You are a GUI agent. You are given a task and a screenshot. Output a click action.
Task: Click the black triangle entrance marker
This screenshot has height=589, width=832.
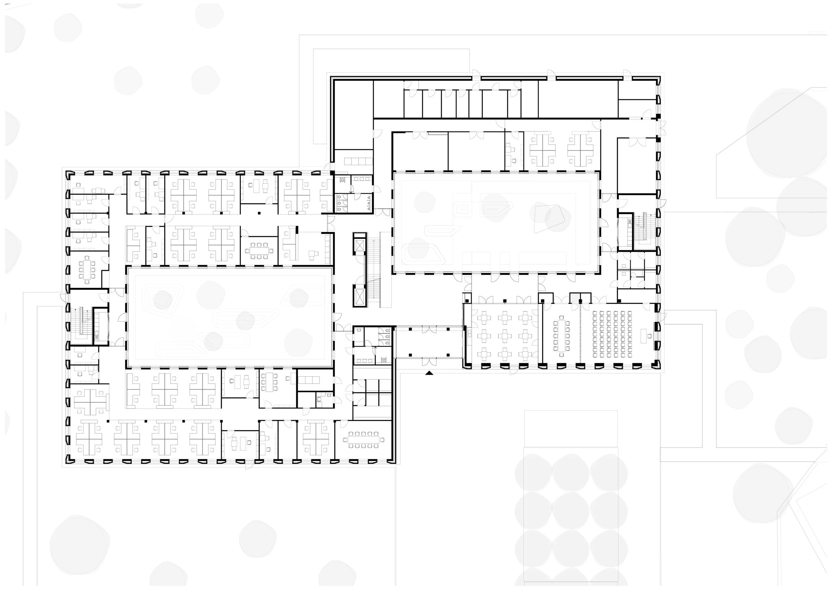[x=429, y=373]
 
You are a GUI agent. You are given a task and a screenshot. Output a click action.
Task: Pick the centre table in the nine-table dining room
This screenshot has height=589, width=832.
[x=504, y=336]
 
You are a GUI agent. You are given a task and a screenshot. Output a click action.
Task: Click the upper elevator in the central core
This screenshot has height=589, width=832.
[x=359, y=246]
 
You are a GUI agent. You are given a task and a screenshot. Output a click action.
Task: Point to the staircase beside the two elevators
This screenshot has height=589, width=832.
[x=374, y=272]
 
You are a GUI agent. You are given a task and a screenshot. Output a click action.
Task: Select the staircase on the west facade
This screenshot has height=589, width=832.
[x=80, y=321]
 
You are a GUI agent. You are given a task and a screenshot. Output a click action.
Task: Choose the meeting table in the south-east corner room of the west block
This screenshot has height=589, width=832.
[x=364, y=439]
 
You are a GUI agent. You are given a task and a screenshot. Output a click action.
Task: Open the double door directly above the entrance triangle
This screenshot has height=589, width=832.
[x=429, y=361]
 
